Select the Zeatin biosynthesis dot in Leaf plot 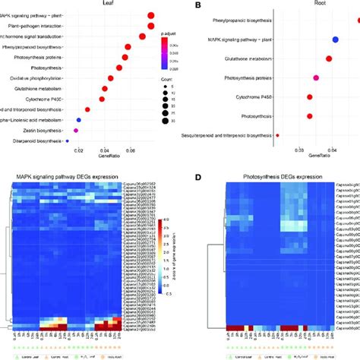[x=76, y=131]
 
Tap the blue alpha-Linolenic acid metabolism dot [x=79, y=120]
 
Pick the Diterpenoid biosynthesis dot [x=68, y=141]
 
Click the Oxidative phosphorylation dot [x=111, y=77]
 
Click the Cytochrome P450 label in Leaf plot [x=44, y=99]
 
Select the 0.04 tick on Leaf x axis [x=105, y=150]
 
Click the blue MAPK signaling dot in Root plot [x=336, y=39]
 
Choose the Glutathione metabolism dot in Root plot [x=329, y=58]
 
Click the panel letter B [x=199, y=5]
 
